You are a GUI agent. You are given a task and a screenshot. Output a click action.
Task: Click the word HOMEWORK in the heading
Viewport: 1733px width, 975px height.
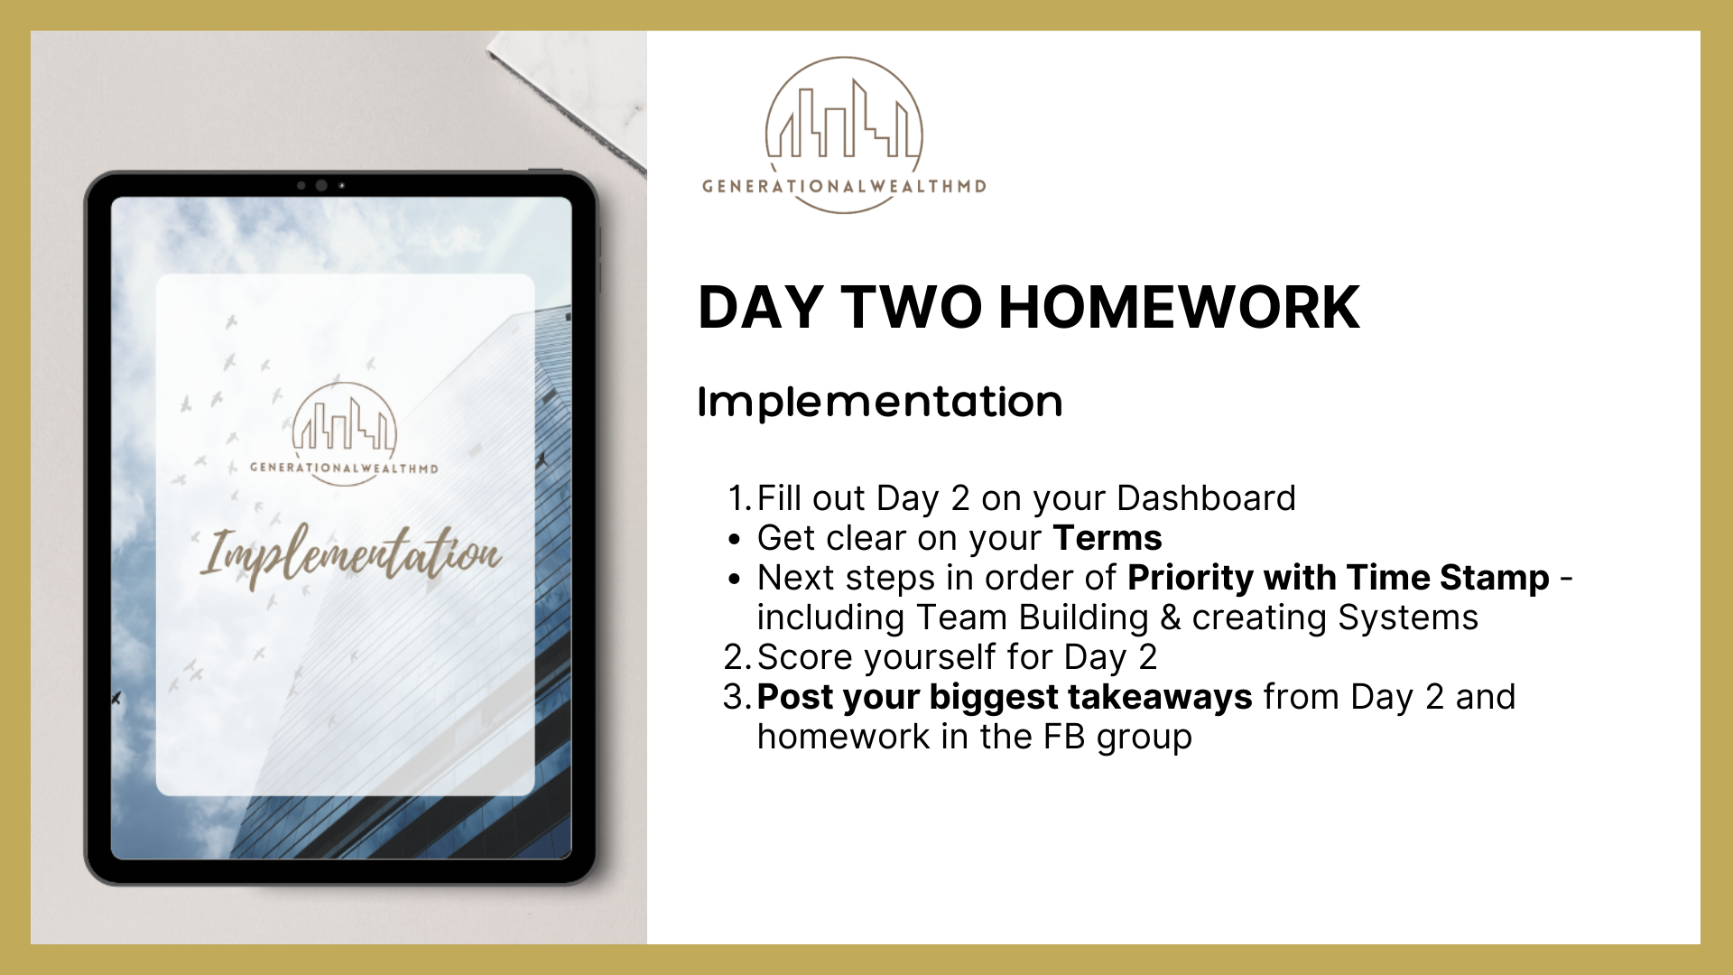point(1179,307)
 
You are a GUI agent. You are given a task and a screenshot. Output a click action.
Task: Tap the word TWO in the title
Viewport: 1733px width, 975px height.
point(912,307)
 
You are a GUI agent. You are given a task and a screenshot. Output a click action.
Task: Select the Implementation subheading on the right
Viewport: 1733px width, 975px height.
point(880,402)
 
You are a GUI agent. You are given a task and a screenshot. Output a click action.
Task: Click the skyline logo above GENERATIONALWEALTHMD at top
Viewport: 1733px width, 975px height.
point(844,117)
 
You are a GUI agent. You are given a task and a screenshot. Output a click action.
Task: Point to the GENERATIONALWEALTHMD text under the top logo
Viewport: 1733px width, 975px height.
point(844,187)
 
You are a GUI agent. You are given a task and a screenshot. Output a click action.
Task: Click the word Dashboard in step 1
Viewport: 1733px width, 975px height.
point(1206,498)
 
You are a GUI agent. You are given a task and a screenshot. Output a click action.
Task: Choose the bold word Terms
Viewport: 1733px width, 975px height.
point(1107,538)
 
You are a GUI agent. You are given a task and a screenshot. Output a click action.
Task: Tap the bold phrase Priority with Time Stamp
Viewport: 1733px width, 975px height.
point(1339,578)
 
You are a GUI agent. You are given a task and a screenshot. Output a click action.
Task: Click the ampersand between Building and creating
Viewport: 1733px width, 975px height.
point(1171,617)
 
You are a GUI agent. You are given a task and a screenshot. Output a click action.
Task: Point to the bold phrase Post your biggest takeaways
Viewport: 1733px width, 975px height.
point(1005,697)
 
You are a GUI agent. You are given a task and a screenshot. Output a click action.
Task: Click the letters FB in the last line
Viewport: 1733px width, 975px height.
point(1064,737)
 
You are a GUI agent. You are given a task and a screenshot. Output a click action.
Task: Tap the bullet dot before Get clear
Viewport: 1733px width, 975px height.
point(735,540)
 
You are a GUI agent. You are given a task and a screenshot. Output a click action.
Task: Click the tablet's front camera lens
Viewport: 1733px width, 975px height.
point(321,186)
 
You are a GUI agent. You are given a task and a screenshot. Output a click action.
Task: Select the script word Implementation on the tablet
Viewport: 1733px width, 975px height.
point(350,555)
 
